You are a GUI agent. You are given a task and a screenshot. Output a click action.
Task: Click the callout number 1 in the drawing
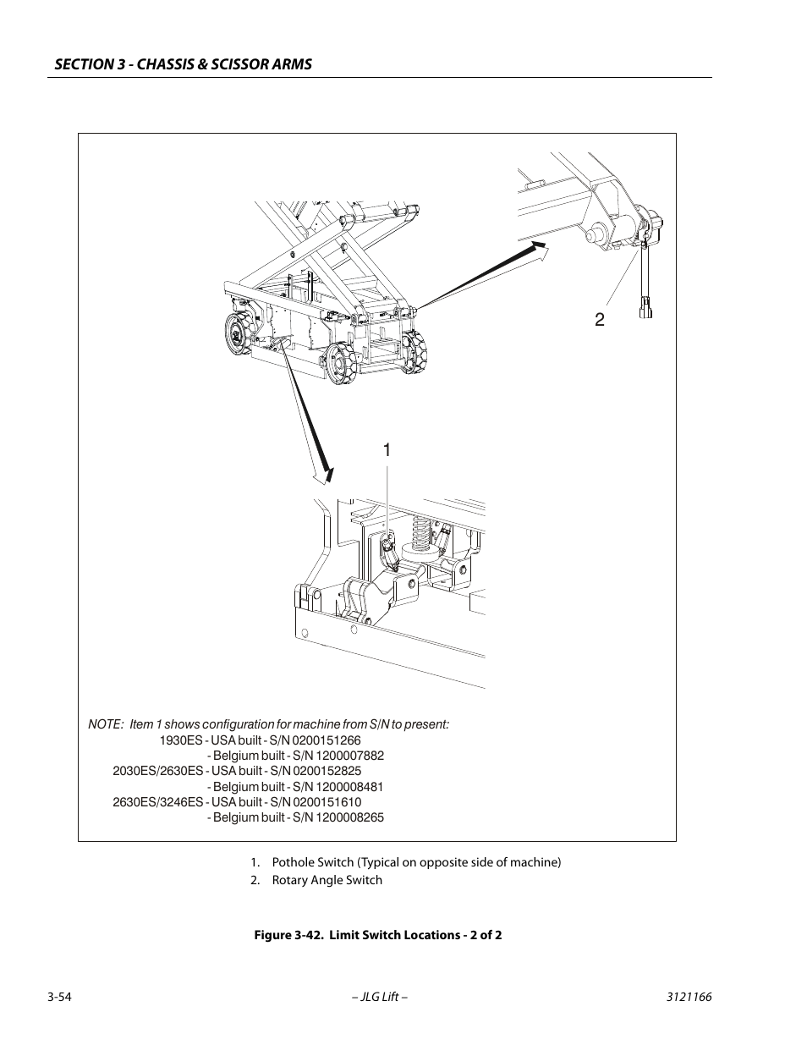tap(387, 450)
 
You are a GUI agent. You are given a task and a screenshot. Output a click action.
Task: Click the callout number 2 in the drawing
tap(600, 319)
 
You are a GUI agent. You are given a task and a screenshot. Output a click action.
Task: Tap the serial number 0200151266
tap(327, 740)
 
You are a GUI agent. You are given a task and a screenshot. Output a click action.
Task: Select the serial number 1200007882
tap(349, 756)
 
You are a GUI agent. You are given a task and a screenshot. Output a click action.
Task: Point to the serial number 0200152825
tap(327, 771)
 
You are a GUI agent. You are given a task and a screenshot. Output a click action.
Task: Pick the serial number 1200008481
tap(349, 787)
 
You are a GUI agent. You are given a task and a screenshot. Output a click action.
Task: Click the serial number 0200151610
tap(327, 802)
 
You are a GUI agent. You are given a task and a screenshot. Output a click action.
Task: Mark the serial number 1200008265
tap(349, 817)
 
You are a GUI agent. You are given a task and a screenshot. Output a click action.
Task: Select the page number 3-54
tap(59, 997)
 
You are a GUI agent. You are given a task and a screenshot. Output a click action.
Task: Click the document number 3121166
tap(689, 997)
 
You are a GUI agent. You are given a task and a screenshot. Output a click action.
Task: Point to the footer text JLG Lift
tap(380, 997)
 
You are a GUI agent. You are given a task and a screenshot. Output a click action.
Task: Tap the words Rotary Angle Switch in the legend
tap(327, 880)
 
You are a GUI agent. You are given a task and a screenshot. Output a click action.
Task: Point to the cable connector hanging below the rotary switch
tap(645, 308)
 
